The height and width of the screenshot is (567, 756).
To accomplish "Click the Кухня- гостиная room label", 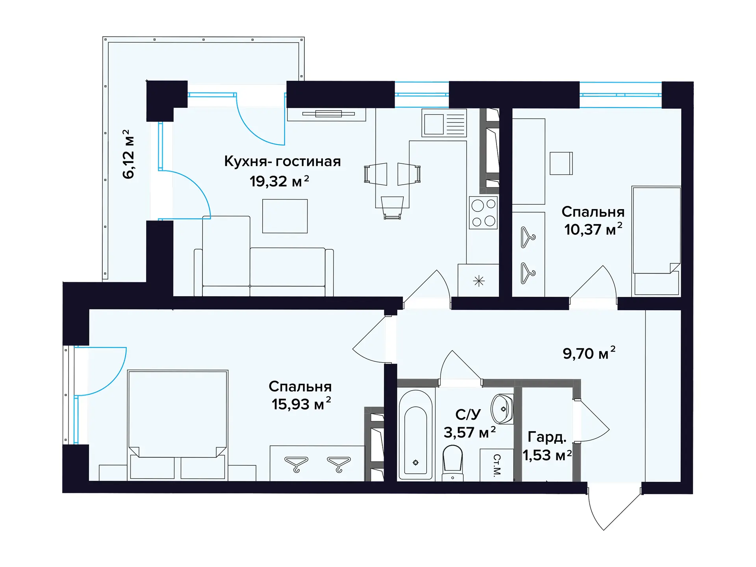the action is point(282,161).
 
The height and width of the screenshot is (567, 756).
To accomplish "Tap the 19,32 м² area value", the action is point(279,181).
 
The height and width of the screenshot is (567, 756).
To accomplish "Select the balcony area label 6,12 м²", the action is point(128,154).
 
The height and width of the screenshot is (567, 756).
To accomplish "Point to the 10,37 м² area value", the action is point(593,229).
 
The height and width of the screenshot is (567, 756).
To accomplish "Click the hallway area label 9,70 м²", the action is point(589,353).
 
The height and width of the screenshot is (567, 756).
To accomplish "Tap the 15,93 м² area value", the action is point(301,404).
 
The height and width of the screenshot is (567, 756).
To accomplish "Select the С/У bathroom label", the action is point(468,414).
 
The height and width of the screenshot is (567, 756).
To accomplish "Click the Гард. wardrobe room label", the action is point(547,437).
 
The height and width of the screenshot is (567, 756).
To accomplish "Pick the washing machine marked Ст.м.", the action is point(497,465).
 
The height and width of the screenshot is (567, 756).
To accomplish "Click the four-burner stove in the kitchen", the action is point(484,213).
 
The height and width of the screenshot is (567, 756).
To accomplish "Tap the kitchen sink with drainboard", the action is point(444,123).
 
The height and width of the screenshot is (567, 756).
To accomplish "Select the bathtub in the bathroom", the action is point(416,435).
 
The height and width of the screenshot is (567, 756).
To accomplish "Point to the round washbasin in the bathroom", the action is point(502,409).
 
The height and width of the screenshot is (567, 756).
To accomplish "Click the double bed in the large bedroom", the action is point(178,425).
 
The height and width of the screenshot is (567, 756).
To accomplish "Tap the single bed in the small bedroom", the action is point(656,241).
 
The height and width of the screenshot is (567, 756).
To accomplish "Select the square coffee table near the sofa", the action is point(285,216).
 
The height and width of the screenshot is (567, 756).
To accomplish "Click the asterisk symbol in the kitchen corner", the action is point(479,281).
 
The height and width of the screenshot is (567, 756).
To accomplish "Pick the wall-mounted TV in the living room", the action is point(328,114).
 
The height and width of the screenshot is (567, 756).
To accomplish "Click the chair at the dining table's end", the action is point(393,208).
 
